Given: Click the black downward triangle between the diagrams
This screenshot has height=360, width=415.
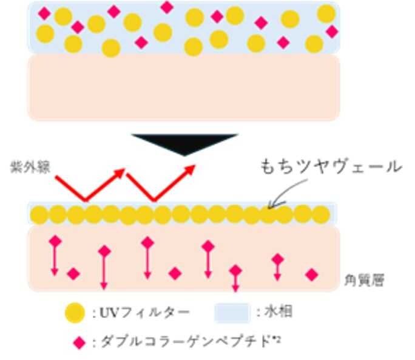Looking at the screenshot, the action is (184, 143).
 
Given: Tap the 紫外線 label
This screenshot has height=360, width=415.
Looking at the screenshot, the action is (30, 168).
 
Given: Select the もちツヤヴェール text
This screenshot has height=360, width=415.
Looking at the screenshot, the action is (331, 167).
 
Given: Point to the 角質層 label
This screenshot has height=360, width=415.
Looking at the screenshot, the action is (364, 280).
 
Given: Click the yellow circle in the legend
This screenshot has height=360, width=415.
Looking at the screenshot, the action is (75, 313).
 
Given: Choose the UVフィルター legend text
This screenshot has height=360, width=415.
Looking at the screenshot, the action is (141, 313).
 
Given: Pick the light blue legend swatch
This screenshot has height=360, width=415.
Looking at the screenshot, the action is (232, 313).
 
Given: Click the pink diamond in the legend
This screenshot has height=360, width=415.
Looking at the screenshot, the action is (79, 343).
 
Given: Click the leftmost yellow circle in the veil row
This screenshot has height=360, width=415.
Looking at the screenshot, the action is (39, 215).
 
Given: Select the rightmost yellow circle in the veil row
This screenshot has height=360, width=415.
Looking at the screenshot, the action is (321, 215).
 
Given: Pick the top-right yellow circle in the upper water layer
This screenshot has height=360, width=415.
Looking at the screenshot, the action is (326, 13).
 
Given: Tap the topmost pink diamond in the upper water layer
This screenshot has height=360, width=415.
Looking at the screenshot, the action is (167, 7).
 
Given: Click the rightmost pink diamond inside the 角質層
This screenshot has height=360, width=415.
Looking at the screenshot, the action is (311, 274).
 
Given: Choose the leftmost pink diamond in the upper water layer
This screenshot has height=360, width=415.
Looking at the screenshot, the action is (44, 13).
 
